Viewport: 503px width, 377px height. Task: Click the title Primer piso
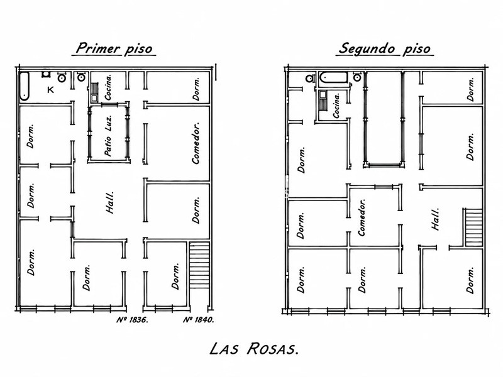tap(114, 48)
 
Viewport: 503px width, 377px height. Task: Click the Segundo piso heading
tap(384, 48)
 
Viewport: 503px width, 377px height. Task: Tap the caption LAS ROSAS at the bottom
tap(254, 349)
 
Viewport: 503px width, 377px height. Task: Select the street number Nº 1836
tap(132, 320)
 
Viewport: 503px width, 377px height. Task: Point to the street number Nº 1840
tap(198, 320)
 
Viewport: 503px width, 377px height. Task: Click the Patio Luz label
tap(108, 136)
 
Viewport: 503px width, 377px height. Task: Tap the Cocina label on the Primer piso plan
tap(108, 87)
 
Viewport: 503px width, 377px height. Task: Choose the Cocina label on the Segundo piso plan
tap(336, 106)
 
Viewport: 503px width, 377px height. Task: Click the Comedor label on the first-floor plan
tap(196, 143)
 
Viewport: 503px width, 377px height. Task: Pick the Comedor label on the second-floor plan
tap(362, 217)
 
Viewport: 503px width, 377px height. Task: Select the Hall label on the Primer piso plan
tap(109, 202)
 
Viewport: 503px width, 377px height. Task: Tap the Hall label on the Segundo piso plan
tap(435, 219)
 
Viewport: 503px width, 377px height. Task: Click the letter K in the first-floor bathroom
tap(50, 90)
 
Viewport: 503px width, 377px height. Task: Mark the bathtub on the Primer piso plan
tap(25, 86)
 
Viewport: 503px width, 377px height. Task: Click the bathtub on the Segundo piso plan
tap(334, 78)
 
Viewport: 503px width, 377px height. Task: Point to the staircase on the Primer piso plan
tap(199, 265)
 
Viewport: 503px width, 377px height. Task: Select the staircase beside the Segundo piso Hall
tap(473, 227)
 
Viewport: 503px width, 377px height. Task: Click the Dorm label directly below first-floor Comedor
tap(196, 210)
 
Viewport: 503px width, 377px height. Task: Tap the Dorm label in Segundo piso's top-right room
tap(470, 89)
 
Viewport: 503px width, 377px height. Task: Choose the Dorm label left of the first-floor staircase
tap(175, 276)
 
